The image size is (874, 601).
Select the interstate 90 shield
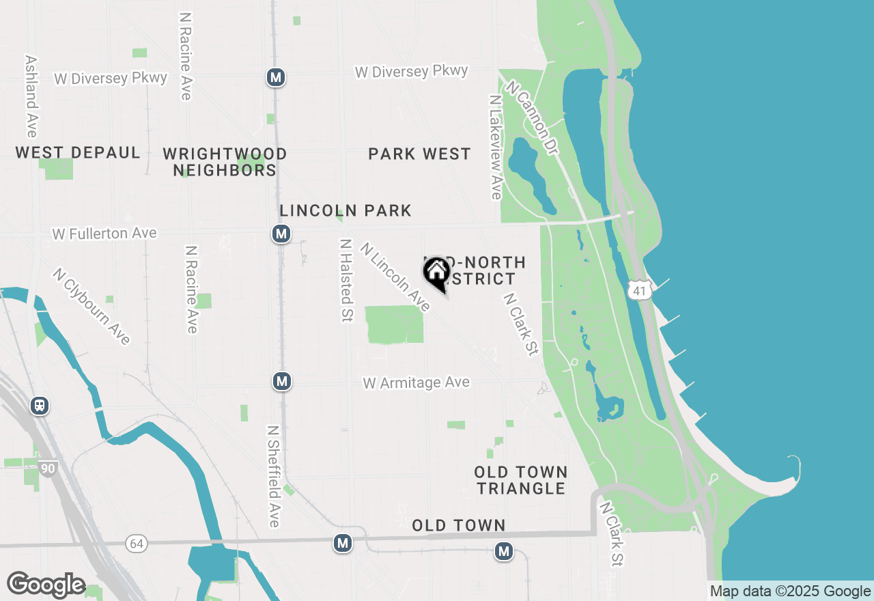point(48,469)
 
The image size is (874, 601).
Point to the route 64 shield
point(137,544)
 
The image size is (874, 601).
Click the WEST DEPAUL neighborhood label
point(78,152)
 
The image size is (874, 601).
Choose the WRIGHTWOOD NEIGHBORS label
point(225,162)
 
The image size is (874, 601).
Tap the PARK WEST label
point(419,154)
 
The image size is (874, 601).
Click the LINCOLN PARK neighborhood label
point(346,210)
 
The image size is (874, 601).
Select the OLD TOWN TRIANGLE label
point(521,480)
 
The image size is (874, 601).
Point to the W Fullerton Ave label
point(104,234)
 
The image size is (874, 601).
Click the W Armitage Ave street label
point(417,382)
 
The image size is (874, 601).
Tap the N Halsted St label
point(346,280)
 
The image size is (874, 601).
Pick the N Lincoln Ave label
point(395,277)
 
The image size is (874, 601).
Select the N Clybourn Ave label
point(91,306)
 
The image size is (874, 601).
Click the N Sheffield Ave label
point(273,477)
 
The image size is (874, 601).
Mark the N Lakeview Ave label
point(496,147)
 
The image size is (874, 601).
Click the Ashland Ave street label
point(31,96)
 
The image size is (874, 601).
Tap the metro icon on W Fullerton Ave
point(281,234)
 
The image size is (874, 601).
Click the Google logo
point(46,585)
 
